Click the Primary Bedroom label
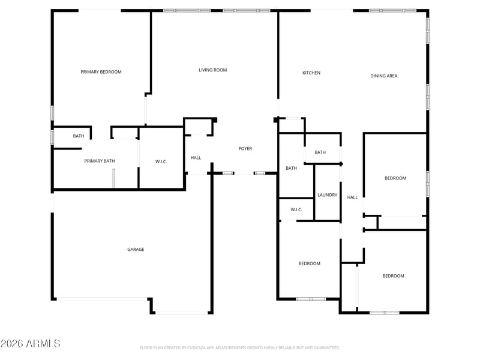click(x=101, y=72)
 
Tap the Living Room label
click(x=213, y=70)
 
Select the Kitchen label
click(x=311, y=73)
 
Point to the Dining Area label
click(x=384, y=76)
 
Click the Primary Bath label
click(x=100, y=161)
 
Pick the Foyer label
click(x=245, y=149)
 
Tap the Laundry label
click(x=327, y=195)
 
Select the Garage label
click(x=136, y=250)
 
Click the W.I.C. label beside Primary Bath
click(x=161, y=162)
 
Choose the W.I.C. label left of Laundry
click(x=296, y=210)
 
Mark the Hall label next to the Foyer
click(x=196, y=158)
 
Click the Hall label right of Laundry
click(x=352, y=197)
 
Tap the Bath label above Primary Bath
click(x=79, y=136)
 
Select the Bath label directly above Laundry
click(x=320, y=152)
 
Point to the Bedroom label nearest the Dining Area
click(x=395, y=178)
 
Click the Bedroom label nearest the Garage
click(x=310, y=263)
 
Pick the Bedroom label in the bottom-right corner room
click(x=394, y=276)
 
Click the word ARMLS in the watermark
click(x=43, y=343)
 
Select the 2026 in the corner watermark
click(x=12, y=343)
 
